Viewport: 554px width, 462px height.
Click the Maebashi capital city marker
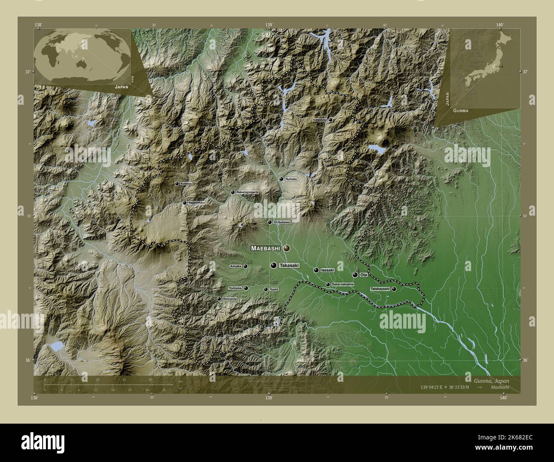(x=286, y=248)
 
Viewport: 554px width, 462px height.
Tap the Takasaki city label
(x=289, y=266)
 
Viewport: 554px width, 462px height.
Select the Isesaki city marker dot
(x=316, y=270)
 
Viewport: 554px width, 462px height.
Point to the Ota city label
(x=364, y=275)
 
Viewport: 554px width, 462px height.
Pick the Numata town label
(x=291, y=179)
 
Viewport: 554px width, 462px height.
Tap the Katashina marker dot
(x=330, y=120)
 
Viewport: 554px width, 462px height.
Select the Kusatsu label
(x=187, y=184)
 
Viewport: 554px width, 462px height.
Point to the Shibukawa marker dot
(x=269, y=222)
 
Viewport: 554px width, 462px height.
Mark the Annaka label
(x=236, y=266)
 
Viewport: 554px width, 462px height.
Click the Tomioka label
(x=235, y=288)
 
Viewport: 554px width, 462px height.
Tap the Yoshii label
(x=274, y=289)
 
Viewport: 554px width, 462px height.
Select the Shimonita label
(x=230, y=299)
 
